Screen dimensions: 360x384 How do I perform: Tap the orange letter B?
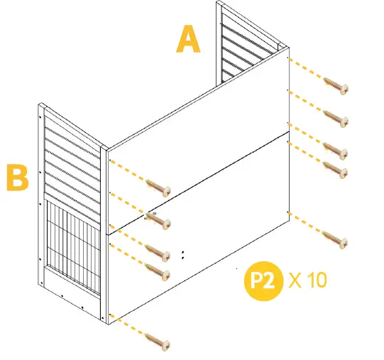16,178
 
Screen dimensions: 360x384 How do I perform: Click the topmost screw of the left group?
159,187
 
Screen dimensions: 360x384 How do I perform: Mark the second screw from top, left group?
159,222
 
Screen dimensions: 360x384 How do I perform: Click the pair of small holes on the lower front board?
183,253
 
